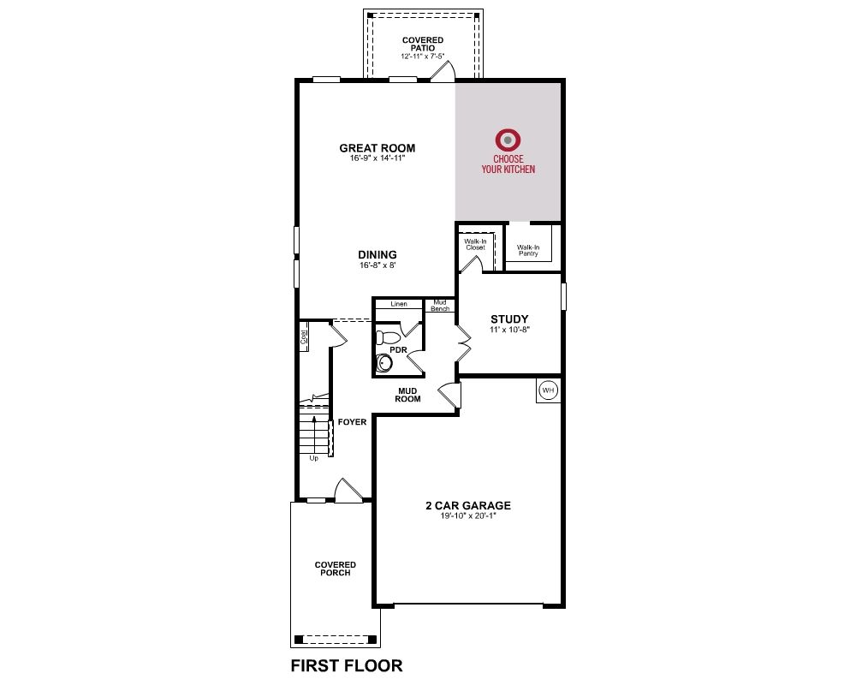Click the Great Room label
[377, 148]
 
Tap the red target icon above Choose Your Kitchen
[508, 140]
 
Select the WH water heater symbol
[548, 390]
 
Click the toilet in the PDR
[387, 337]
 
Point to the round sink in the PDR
[384, 362]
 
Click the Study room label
[509, 319]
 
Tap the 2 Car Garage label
[468, 505]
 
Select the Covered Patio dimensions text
[423, 56]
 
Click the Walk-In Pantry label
[528, 250]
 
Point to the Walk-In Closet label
[475, 244]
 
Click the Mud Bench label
[440, 306]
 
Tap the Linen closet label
[399, 304]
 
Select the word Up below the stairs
[314, 458]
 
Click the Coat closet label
[304, 336]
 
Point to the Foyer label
[352, 422]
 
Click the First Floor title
[347, 665]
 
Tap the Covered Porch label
[336, 569]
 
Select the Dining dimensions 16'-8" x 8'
[377, 265]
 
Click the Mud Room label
[407, 395]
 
